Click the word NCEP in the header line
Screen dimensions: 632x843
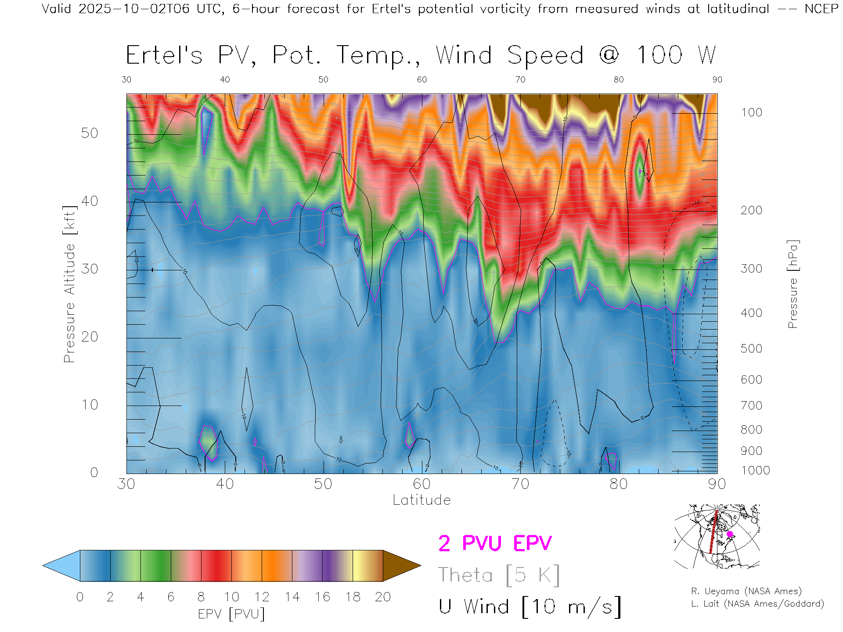[821, 9]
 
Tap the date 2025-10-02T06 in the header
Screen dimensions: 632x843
[134, 9]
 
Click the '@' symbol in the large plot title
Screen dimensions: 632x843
[609, 55]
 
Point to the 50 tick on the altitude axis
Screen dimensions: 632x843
[89, 133]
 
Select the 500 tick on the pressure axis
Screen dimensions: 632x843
[751, 348]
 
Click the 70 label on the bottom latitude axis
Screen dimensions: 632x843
[520, 484]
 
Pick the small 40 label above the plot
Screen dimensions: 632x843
[225, 79]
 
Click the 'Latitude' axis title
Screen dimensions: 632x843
[421, 500]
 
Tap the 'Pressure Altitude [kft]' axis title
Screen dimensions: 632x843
[69, 284]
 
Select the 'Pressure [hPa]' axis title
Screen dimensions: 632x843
[793, 284]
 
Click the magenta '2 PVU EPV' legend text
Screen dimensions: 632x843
[495, 543]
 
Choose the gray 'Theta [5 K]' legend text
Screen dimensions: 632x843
[499, 575]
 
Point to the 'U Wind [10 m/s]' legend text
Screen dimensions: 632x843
[530, 607]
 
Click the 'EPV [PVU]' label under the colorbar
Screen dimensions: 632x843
[231, 614]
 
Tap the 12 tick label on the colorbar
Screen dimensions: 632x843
[262, 597]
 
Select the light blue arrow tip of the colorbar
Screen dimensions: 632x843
[59, 566]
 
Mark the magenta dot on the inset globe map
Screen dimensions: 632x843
[730, 534]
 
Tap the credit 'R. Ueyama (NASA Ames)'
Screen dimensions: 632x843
[746, 591]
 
